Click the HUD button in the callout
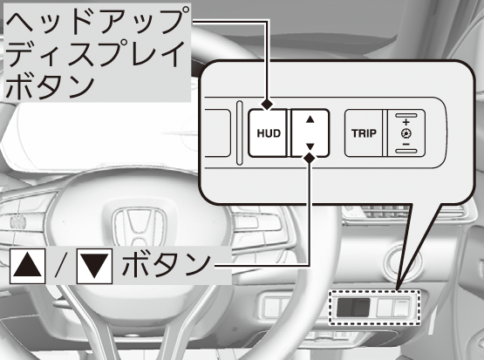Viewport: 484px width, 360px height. click(x=268, y=133)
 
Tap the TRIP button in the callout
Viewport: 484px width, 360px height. click(x=364, y=133)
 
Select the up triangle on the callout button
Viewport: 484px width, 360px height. click(x=310, y=119)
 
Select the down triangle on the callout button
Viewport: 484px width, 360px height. click(x=310, y=146)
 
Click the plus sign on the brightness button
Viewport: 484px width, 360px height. click(x=406, y=122)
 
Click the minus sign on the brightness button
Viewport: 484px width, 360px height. click(x=406, y=144)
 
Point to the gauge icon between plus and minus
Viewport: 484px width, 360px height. click(x=406, y=133)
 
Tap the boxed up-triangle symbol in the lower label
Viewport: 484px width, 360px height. click(x=28, y=266)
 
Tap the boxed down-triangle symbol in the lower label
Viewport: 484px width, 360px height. click(x=94, y=266)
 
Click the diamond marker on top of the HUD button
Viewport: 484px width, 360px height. click(x=267, y=105)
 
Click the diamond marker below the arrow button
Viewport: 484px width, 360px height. click(x=310, y=158)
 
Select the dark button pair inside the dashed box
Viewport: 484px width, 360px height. click(x=353, y=307)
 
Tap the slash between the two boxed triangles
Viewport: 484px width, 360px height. click(x=61, y=266)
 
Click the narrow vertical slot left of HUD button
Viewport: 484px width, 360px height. click(x=239, y=132)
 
